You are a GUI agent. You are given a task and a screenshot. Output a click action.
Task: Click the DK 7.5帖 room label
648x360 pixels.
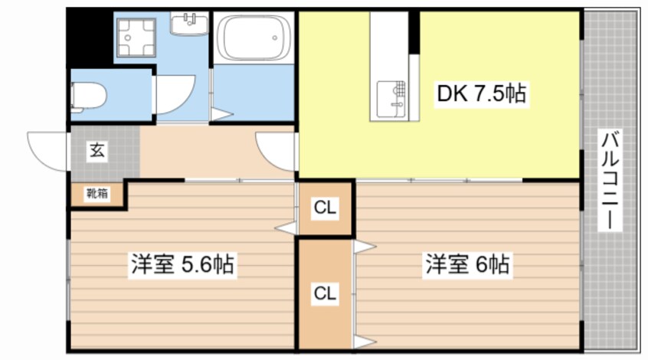point(480,94)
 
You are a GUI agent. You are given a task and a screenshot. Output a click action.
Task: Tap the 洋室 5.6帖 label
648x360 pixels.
point(182,265)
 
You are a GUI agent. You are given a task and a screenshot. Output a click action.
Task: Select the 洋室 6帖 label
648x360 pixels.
point(467,265)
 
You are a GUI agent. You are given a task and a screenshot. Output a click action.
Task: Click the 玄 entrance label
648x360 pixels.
point(97,150)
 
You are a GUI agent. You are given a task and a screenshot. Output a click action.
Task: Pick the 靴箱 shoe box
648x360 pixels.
point(97,194)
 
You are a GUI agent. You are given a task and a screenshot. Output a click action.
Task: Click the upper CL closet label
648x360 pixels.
point(324,208)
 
